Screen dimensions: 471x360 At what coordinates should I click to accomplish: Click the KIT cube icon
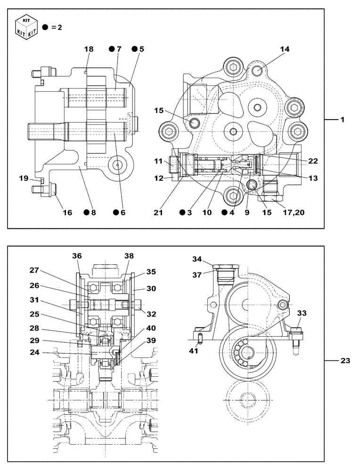(x=27, y=27)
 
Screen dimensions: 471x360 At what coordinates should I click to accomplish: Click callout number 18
(x=90, y=49)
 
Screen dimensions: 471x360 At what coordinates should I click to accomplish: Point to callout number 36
(x=77, y=255)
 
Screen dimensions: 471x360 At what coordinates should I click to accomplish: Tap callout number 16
(x=67, y=212)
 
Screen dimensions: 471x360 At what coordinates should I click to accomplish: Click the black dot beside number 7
(x=112, y=49)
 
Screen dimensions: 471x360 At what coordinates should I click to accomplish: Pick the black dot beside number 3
(x=182, y=212)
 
